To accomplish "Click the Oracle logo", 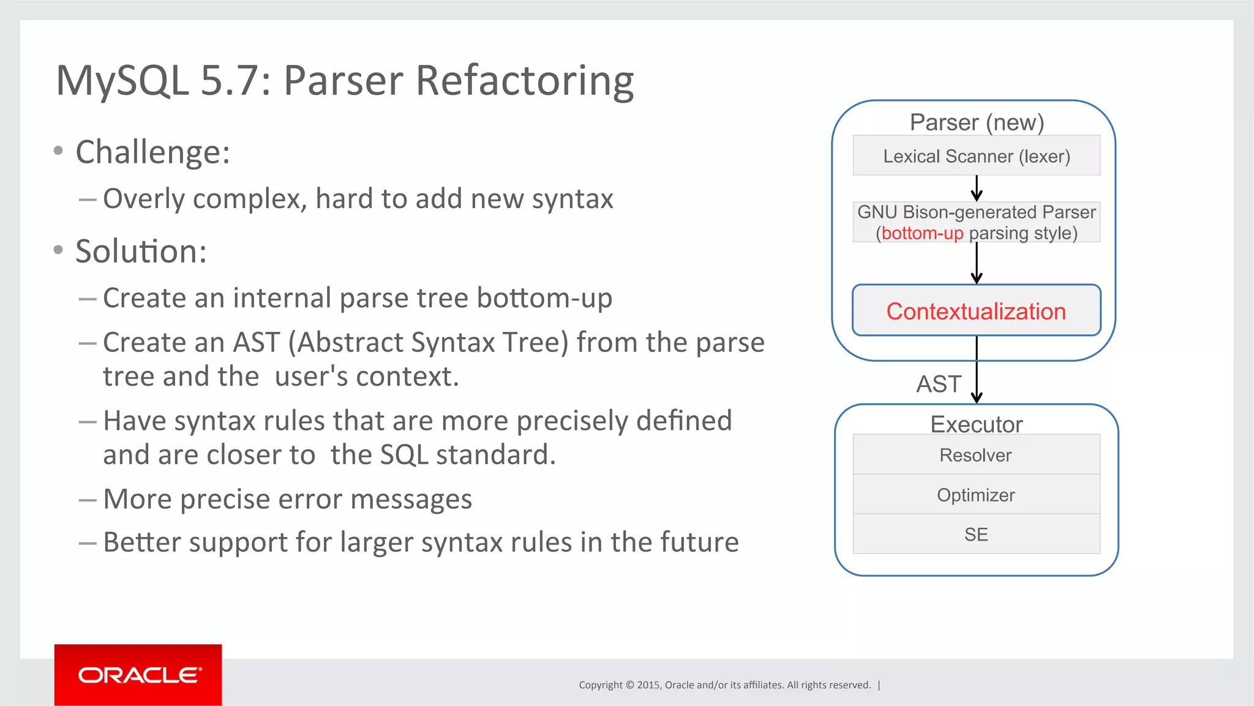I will (x=138, y=675).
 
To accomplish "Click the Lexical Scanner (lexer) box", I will (x=976, y=156).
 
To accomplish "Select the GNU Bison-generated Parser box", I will (x=976, y=222).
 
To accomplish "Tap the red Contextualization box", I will (x=976, y=311).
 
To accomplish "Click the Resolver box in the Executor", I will (x=976, y=455).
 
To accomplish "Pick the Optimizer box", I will (x=976, y=495).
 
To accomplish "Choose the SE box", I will (x=976, y=535).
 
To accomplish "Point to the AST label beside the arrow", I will (x=939, y=385).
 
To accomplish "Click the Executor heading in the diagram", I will (x=976, y=424).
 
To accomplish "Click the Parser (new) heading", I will (x=976, y=122).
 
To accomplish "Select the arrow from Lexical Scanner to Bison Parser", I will (x=977, y=189).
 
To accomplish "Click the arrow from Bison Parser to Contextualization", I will (x=977, y=263).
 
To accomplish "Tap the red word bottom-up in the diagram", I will (x=922, y=233).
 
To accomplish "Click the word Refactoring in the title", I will (x=525, y=81).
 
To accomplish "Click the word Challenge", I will (x=152, y=152).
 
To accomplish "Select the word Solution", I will (x=140, y=252).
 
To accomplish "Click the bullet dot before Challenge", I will (x=58, y=151).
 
